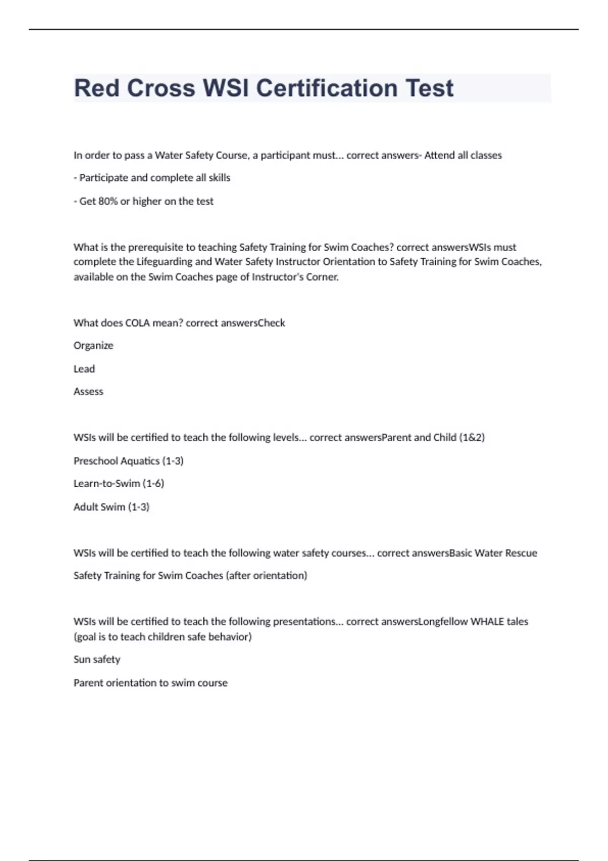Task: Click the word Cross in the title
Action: click(x=161, y=88)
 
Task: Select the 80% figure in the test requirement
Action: click(x=108, y=201)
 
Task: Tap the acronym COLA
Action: click(x=138, y=323)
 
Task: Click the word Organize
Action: click(x=93, y=345)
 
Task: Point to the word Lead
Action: click(x=84, y=369)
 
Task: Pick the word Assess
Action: click(x=88, y=392)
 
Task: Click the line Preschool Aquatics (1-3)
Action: click(x=128, y=461)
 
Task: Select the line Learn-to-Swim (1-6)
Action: click(x=119, y=484)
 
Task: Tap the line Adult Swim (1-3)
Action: click(x=111, y=507)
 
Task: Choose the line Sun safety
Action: click(x=97, y=659)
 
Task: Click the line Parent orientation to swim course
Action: click(x=150, y=683)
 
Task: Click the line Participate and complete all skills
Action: click(x=152, y=178)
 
